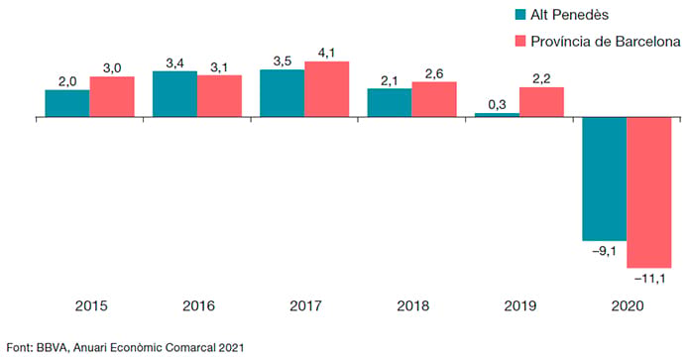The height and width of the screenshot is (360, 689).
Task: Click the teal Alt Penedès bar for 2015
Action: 67,103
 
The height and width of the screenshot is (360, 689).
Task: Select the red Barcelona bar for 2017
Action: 327,89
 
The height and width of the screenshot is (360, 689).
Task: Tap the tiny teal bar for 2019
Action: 497,115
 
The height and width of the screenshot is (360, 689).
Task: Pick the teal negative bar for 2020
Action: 605,179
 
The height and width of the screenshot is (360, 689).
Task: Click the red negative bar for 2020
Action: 649,192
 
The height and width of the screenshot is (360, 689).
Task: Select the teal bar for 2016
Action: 174,94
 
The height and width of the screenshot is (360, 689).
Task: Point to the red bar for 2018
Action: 434,99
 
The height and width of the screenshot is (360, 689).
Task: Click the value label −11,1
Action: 650,279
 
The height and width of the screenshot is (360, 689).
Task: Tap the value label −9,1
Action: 604,252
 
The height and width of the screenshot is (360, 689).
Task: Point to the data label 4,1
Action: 326,54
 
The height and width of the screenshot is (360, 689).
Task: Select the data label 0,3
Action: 497,104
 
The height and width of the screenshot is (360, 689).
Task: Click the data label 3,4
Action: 174,63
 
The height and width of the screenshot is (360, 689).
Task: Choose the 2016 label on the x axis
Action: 198,305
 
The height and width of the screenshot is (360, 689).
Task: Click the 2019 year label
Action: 520,305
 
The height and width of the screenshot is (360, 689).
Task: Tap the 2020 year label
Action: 628,305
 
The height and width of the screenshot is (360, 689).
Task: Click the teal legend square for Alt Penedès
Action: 520,15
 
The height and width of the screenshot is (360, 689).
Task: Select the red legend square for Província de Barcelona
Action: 520,42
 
